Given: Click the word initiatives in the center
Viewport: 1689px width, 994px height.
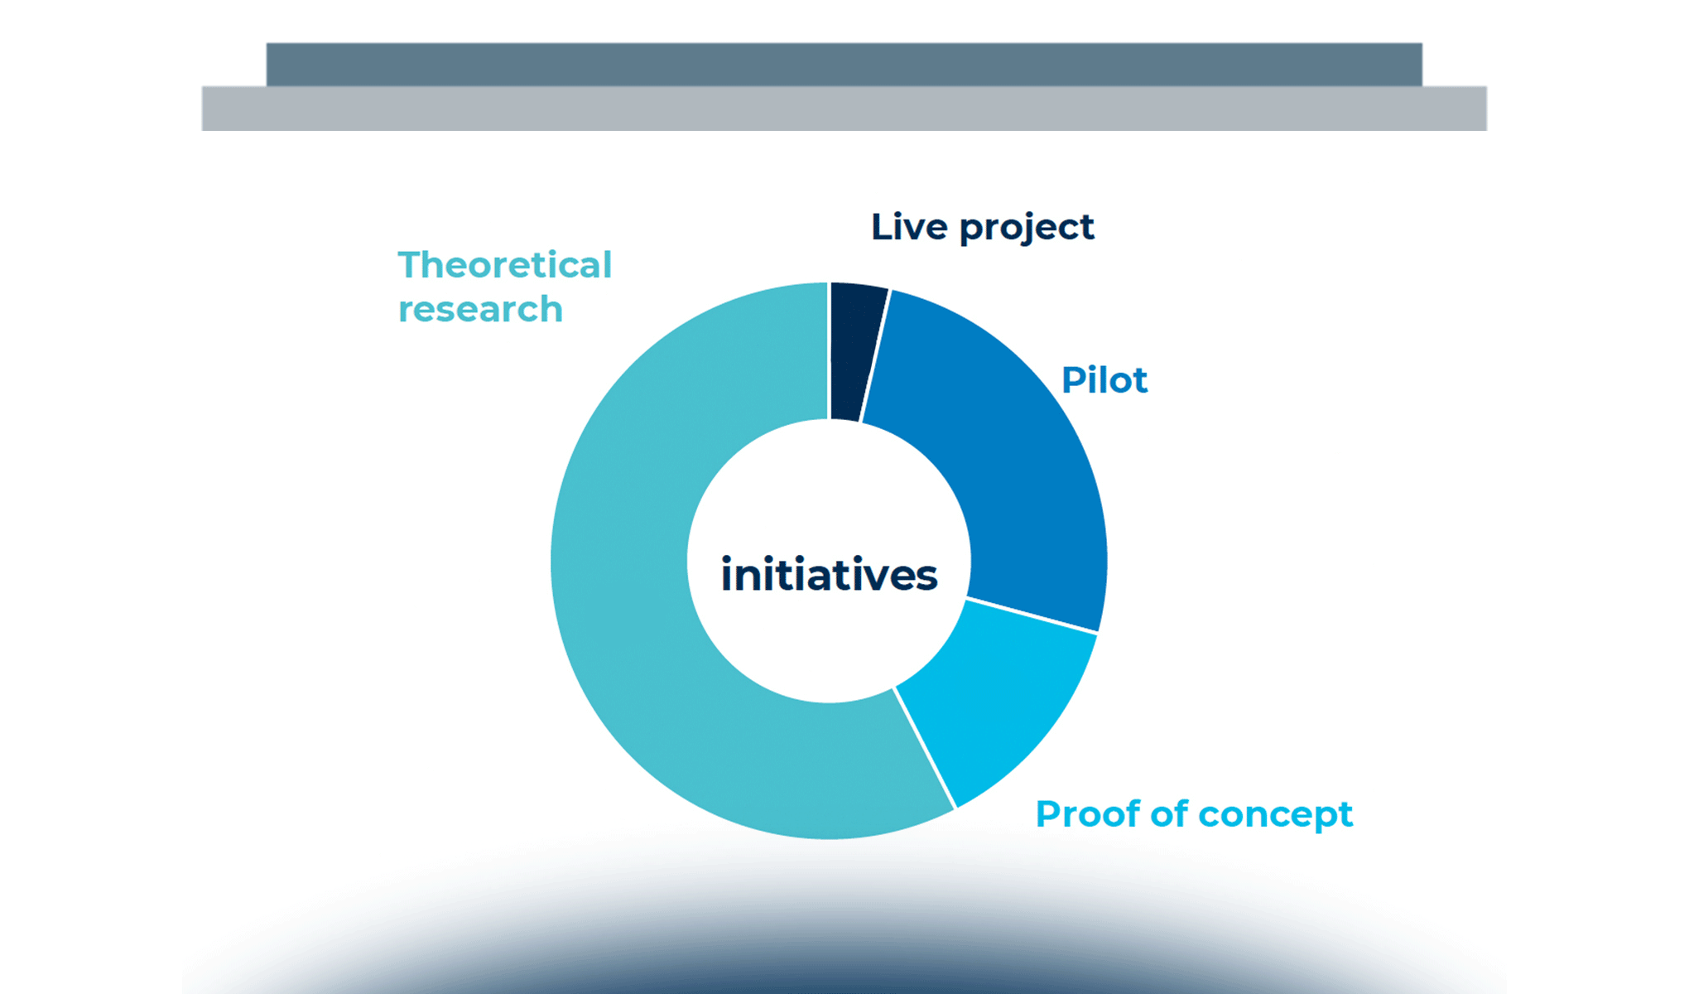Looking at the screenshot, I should point(829,575).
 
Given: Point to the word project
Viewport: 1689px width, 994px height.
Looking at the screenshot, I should point(1027,229).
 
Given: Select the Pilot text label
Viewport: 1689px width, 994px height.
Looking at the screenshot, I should point(1104,380).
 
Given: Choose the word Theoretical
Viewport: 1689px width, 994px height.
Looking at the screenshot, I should point(504,265).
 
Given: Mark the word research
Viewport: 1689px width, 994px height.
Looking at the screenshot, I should point(480,310).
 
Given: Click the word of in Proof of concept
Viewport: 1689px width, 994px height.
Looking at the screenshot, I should point(1169,813).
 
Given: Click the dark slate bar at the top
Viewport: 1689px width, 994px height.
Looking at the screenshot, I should point(844,64).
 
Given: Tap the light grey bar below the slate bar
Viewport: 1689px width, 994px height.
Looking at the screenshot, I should point(844,109).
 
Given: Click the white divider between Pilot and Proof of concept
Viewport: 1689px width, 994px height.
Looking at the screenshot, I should point(1032,615).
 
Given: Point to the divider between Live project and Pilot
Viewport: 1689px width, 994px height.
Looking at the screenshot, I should point(875,355).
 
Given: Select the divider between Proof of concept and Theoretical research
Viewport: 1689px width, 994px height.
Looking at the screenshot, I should point(925,747).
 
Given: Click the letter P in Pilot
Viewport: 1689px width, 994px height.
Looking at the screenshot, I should point(1073,380).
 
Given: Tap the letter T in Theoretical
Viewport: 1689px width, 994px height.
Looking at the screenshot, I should point(411,265).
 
